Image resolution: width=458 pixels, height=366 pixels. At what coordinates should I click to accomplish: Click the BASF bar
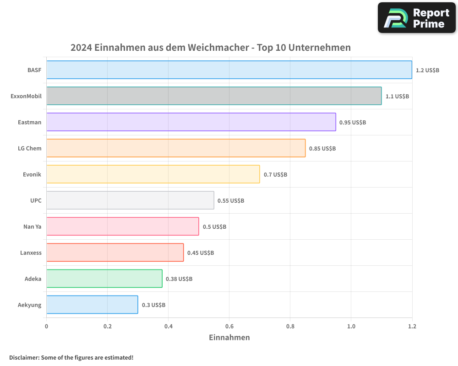coord(229,70)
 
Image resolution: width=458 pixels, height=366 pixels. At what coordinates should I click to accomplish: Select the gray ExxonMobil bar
coord(214,96)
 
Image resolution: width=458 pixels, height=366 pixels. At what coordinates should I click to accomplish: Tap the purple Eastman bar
coord(191,122)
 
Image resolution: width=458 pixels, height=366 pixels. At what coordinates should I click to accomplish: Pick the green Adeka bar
coord(104,279)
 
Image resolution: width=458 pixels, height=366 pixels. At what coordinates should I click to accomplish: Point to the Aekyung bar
coord(92,305)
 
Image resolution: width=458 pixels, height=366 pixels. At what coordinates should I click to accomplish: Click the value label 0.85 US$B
coord(322,148)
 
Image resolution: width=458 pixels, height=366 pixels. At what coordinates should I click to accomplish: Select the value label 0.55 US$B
coord(231,200)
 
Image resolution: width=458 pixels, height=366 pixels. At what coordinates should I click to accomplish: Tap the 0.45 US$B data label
coord(201,253)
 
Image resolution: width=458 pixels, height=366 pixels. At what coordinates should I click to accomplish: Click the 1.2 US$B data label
coord(427,70)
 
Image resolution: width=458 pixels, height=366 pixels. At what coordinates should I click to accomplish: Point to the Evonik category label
coord(32,174)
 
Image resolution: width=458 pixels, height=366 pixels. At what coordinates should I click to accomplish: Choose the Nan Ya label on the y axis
coord(32,226)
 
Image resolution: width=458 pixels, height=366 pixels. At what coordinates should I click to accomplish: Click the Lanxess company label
coord(31,253)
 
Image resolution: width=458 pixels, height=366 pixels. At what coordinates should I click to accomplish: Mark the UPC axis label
coord(36,200)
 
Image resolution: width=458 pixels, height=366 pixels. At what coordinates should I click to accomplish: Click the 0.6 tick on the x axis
coord(229,326)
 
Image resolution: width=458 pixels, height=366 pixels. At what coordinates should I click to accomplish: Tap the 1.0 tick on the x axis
coord(351,326)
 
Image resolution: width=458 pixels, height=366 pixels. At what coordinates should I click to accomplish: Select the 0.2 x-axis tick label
coord(107,326)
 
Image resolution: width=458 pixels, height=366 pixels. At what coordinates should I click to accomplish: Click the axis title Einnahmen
coord(229,338)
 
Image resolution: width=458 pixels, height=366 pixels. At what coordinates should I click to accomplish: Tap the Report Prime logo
coord(416,18)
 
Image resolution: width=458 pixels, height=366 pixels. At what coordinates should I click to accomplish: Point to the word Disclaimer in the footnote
coord(23,357)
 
